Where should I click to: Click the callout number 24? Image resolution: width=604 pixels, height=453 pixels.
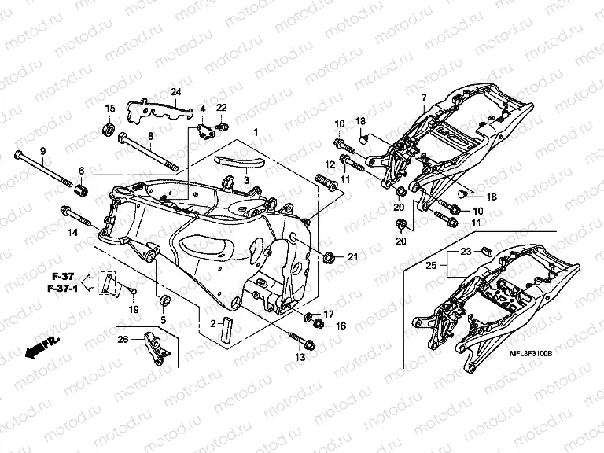[x=176, y=92]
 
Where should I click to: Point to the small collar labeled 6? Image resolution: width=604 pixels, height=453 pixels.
[x=79, y=189]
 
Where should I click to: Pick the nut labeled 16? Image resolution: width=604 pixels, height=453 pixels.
[x=319, y=324]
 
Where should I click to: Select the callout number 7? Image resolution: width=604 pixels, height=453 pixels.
[x=422, y=98]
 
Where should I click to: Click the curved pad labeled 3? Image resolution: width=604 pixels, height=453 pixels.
[x=240, y=163]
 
